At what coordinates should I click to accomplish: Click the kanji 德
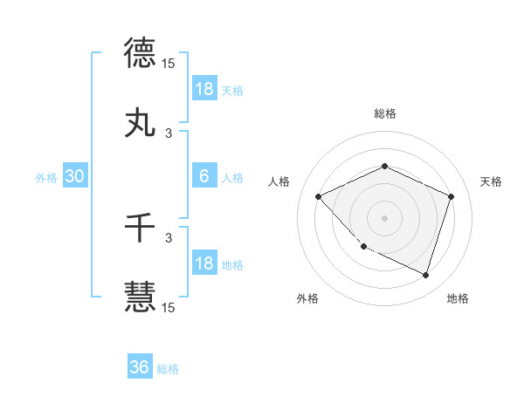[140, 52]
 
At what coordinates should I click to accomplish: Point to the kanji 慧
[140, 297]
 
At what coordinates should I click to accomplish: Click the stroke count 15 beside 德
[169, 64]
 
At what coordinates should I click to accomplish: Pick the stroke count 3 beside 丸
[169, 134]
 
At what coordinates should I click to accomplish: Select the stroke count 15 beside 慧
[169, 307]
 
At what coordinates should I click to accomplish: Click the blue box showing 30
[75, 176]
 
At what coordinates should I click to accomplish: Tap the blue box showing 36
[140, 367]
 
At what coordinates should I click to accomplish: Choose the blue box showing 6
[204, 176]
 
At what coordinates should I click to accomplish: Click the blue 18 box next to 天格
[204, 89]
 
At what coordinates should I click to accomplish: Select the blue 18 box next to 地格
[204, 263]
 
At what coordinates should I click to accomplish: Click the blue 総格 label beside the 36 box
[169, 369]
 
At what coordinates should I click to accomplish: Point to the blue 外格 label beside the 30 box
[46, 177]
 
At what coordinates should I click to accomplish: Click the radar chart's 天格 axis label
[491, 181]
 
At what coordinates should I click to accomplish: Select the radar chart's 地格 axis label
[458, 299]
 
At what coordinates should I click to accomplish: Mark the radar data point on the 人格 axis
[319, 196]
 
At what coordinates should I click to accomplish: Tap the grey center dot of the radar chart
[384, 217]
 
